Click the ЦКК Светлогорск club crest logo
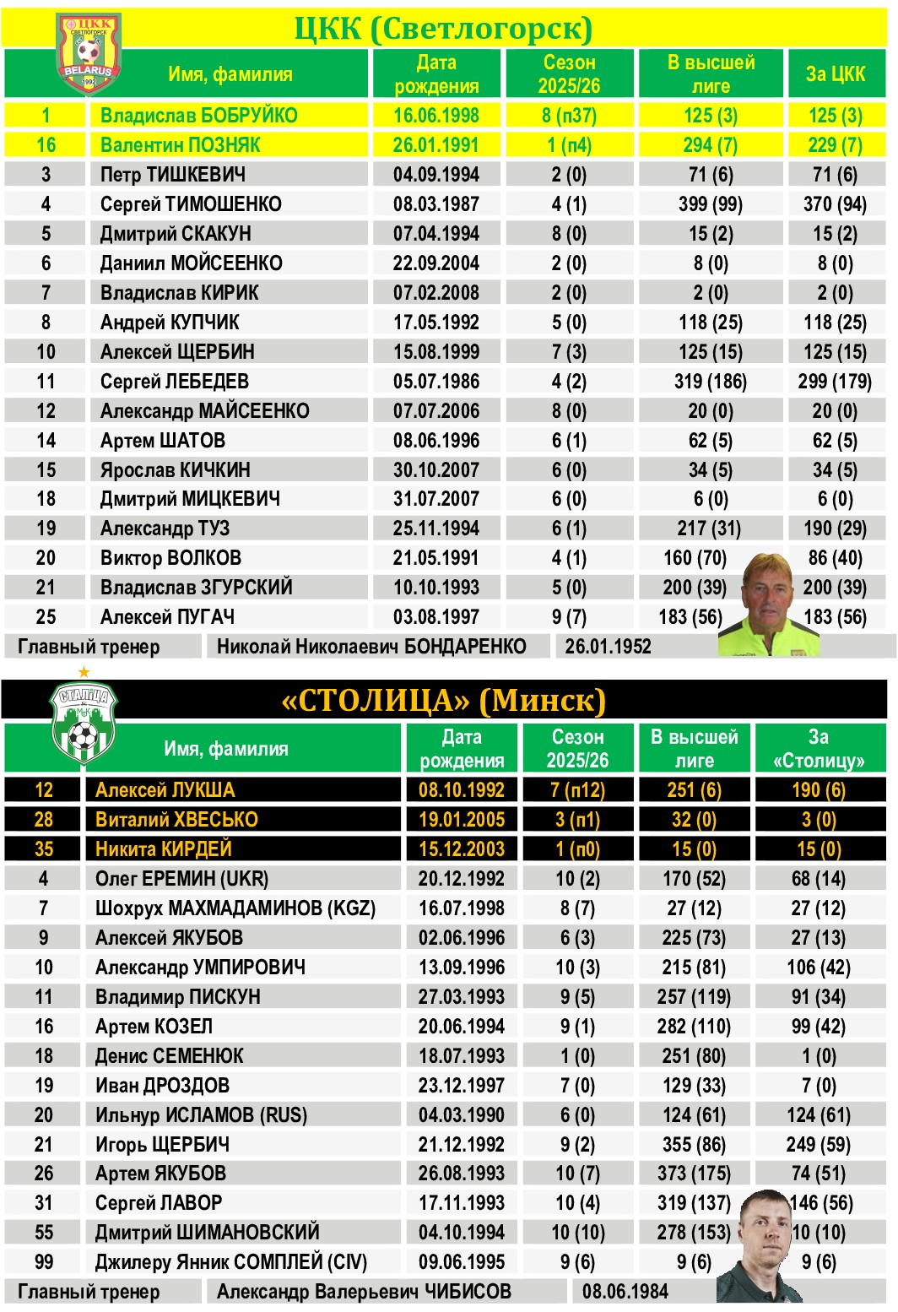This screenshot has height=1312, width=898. pyautogui.click(x=89, y=52)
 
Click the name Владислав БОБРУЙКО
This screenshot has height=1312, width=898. pyautogui.click(x=198, y=116)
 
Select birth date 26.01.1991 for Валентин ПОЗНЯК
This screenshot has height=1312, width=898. pyautogui.click(x=435, y=145)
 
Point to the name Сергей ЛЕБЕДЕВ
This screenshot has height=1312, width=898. pyautogui.click(x=174, y=382)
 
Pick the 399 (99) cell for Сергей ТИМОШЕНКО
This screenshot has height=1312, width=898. pyautogui.click(x=710, y=204)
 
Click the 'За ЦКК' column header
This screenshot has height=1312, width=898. pyautogui.click(x=835, y=74)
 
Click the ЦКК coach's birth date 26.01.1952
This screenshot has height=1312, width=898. pyautogui.click(x=608, y=647)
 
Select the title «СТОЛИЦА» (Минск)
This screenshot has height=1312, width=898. pyautogui.click(x=443, y=700)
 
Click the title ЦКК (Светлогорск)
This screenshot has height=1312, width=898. pyautogui.click(x=443, y=29)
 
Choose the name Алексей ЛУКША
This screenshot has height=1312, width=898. pyautogui.click(x=165, y=790)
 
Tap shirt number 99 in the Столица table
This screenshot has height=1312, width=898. pyautogui.click(x=44, y=1262)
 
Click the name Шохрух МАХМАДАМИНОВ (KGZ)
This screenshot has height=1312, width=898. pyautogui.click(x=235, y=908)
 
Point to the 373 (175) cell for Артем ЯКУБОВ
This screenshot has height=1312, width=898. pyautogui.click(x=694, y=1174)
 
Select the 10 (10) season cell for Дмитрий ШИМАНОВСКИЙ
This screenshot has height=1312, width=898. pyautogui.click(x=577, y=1233)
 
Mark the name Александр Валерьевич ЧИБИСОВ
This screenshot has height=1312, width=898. pyautogui.click(x=364, y=1292)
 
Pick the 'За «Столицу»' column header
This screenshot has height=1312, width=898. pyautogui.click(x=818, y=749)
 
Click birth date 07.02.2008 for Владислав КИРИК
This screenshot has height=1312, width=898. pyautogui.click(x=435, y=293)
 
